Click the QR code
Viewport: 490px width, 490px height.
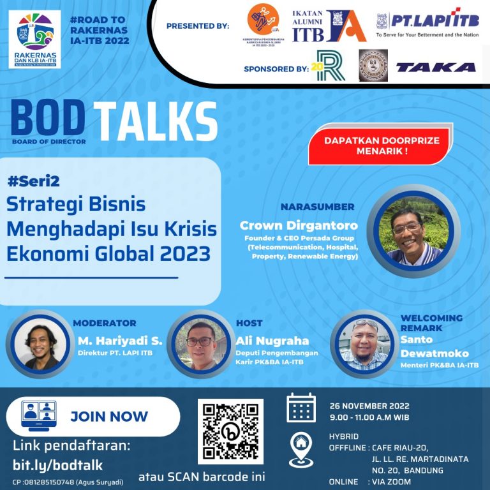coord(230,431)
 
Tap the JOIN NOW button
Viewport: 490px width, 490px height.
coord(108,417)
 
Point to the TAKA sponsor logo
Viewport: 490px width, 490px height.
coord(436,67)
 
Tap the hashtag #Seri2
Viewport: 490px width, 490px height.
coord(34,181)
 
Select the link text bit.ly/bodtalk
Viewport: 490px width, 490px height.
coord(57,465)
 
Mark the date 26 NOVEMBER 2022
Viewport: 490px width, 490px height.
coord(370,406)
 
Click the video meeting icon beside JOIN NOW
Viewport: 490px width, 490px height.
coord(39,416)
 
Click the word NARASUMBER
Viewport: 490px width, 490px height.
coord(317,207)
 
